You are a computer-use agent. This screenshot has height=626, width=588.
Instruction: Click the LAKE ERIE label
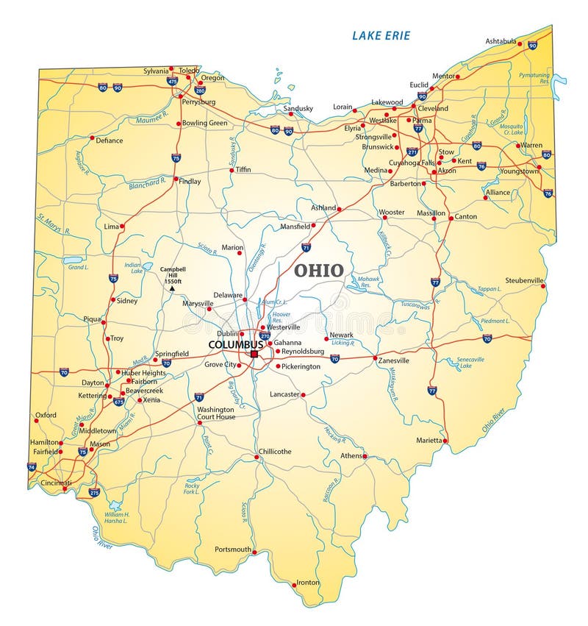coord(381,35)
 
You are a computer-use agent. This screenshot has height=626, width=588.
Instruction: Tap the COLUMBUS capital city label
coord(235,344)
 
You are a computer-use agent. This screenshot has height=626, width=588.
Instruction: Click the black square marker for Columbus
coord(254,354)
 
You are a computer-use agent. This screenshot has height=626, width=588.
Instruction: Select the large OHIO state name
coord(318,270)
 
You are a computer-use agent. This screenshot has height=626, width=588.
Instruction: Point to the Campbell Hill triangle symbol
coord(172,288)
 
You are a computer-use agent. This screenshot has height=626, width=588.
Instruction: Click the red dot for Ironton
coord(294,586)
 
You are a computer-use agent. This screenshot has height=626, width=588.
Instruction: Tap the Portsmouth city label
coord(233,549)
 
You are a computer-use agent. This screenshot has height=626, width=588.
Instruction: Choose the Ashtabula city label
coord(501,41)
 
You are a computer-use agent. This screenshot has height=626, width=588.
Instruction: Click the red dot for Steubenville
coord(544,285)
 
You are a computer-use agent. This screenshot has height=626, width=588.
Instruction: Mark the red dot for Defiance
coord(92,138)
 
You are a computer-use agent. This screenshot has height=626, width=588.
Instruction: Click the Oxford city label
coord(46,415)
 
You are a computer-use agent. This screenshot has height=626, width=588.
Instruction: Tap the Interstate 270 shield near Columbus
coord(265,335)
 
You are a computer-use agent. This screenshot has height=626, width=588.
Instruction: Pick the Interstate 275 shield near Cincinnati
coord(93,492)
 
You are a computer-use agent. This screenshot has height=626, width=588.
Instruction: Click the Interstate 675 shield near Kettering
coord(119,402)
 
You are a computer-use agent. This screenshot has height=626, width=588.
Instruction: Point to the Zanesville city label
coord(394,360)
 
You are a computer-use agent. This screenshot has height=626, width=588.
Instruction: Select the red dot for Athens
coord(365,456)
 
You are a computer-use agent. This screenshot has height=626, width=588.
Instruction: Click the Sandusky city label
coord(298,108)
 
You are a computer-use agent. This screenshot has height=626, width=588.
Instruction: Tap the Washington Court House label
coord(216,413)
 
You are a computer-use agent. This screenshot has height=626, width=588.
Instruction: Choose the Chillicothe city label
coord(275,451)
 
